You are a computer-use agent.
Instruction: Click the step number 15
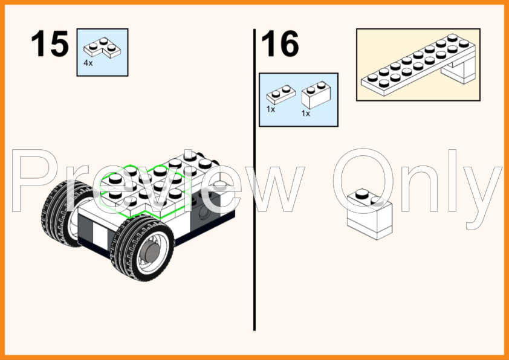50,43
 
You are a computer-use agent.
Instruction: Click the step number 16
280,43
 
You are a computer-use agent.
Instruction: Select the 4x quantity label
88,63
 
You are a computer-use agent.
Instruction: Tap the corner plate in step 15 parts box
102,48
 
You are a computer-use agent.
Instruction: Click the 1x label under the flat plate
271,109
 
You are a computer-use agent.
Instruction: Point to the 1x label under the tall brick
306,114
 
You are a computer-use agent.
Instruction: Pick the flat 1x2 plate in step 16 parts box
280,95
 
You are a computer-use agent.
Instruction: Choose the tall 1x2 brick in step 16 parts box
316,95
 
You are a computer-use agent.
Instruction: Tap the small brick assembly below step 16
369,214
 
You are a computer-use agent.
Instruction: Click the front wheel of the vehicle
143,248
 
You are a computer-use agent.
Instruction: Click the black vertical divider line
254,180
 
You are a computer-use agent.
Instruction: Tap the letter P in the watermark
35,181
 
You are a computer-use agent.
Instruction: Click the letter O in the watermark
363,181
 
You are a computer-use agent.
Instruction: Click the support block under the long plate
460,71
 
